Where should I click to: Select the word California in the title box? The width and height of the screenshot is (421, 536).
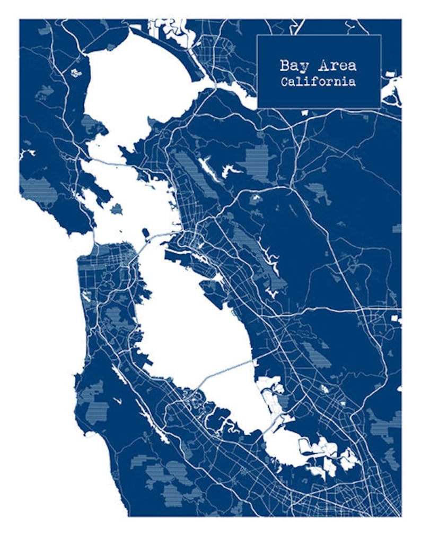tap(318, 82)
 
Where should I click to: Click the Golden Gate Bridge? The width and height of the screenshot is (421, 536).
tap(95, 236)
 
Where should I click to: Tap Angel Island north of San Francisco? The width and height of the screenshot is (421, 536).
tap(116, 209)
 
